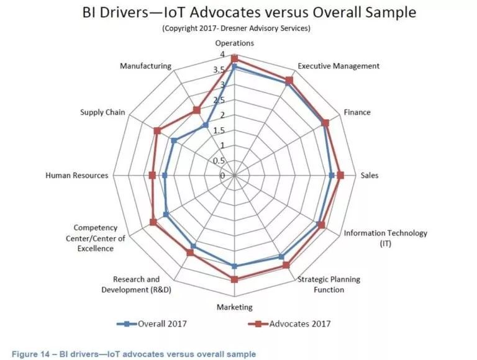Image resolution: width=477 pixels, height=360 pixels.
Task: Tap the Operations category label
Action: (x=234, y=43)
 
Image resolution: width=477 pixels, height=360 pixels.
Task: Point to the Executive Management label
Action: (x=338, y=66)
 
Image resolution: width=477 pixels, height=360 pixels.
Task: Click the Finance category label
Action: (x=357, y=112)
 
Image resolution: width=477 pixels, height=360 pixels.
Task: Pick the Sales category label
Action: (x=370, y=176)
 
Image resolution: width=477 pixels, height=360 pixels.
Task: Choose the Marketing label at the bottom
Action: (x=234, y=307)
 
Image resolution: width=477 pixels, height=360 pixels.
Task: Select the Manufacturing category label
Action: (x=145, y=66)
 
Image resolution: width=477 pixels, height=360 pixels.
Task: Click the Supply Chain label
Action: (x=102, y=112)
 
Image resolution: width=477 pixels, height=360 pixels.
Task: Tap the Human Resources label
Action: (x=76, y=176)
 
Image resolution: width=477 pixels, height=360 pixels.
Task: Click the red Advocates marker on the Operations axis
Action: (x=234, y=58)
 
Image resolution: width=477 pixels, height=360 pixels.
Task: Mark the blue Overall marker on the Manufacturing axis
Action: (x=206, y=126)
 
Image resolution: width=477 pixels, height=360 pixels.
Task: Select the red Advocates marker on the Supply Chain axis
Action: (x=157, y=131)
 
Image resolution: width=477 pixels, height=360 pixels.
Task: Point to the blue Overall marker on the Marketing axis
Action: (x=234, y=266)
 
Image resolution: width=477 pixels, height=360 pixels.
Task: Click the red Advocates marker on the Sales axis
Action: (x=340, y=176)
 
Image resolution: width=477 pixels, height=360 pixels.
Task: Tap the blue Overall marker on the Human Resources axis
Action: (x=165, y=176)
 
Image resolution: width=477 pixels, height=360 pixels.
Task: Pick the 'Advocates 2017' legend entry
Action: (x=289, y=323)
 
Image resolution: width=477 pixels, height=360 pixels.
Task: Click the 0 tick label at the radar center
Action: (x=222, y=176)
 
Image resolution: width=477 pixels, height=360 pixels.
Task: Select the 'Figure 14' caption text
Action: (x=132, y=354)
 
